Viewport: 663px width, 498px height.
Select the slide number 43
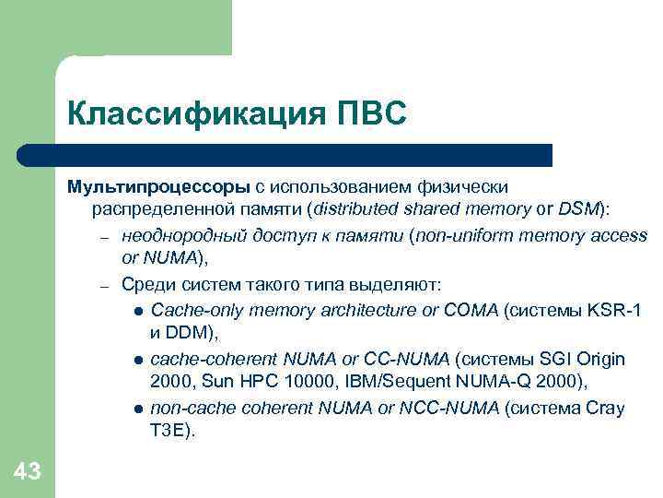pyautogui.click(x=28, y=473)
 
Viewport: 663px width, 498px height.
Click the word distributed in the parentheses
pyautogui.click(x=357, y=210)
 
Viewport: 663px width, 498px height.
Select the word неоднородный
pyautogui.click(x=178, y=235)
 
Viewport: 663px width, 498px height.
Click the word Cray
pyautogui.click(x=604, y=408)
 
